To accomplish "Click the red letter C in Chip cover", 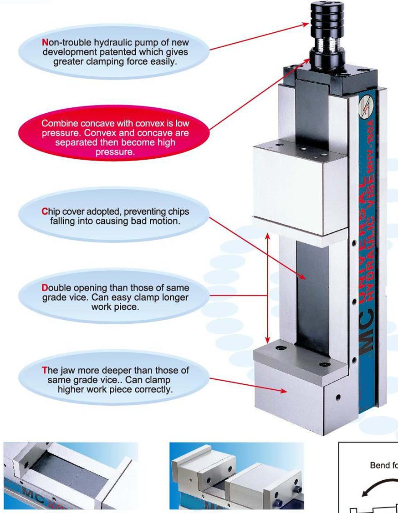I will [44, 212].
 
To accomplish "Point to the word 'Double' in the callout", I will [58, 288].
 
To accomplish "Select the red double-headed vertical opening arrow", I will [268, 288].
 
